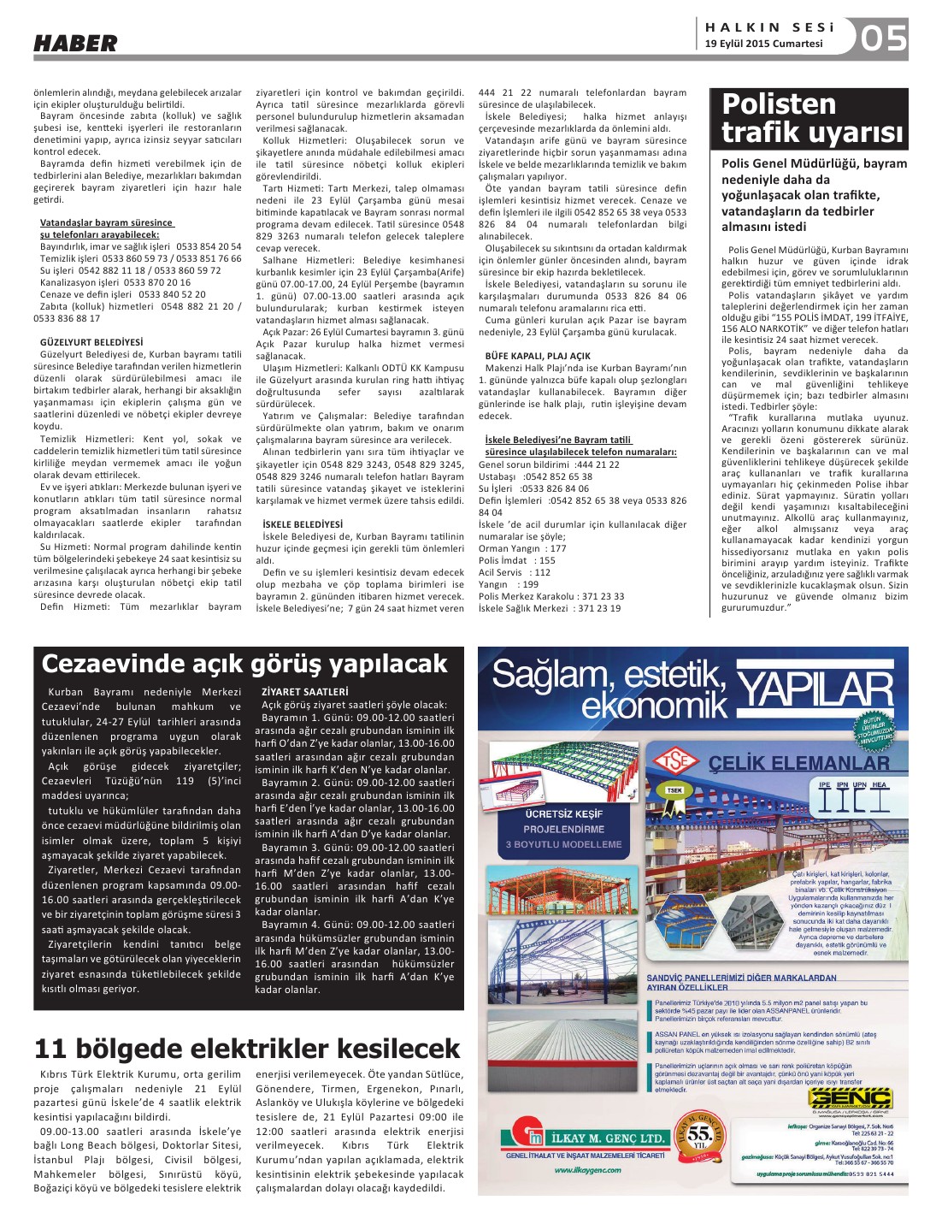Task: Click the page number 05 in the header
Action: (883, 38)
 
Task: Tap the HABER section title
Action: (75, 43)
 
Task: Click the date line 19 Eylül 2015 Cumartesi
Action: (763, 44)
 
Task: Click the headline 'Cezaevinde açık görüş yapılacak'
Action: (244, 664)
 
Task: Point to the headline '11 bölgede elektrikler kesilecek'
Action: (247, 1049)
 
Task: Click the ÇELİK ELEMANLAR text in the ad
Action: (799, 763)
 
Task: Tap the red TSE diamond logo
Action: (675, 760)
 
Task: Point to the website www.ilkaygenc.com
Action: (587, 1170)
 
